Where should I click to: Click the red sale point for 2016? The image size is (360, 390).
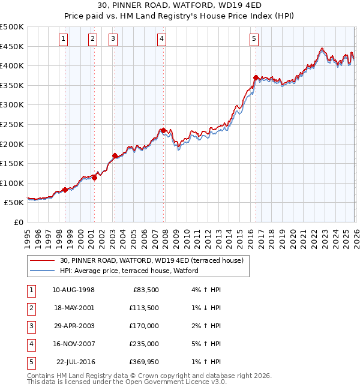point(256,77)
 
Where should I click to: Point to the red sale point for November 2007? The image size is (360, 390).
point(163,130)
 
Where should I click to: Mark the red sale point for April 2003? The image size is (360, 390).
point(115,156)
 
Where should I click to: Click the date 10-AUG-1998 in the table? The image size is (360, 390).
point(73,290)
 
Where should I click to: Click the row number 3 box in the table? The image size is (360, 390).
point(30,326)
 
